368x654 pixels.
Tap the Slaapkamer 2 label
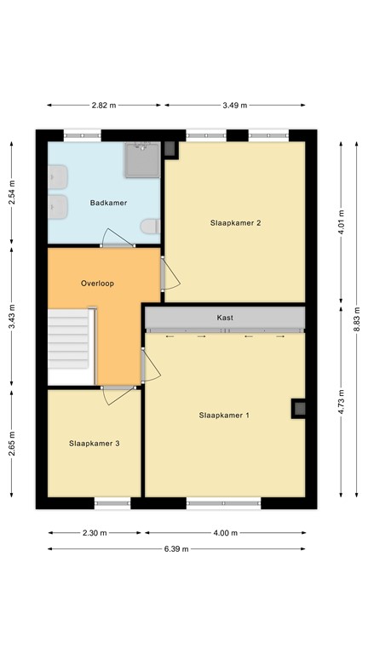click(x=234, y=223)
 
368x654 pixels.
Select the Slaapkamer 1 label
click(x=224, y=416)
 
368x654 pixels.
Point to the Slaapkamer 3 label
click(x=95, y=443)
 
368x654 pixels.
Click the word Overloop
click(x=97, y=283)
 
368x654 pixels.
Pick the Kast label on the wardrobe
click(x=225, y=318)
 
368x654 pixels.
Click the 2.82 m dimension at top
click(x=103, y=106)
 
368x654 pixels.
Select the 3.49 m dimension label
click(x=234, y=106)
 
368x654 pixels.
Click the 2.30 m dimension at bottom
click(x=95, y=534)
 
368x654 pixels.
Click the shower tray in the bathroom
click(x=142, y=159)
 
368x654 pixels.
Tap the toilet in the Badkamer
click(x=151, y=227)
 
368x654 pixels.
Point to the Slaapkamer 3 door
click(x=116, y=394)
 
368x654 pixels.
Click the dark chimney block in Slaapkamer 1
click(x=300, y=408)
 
